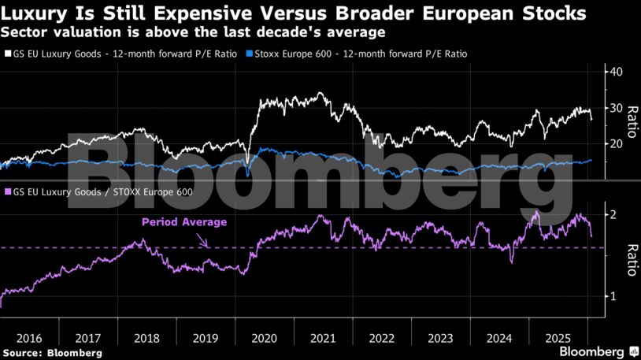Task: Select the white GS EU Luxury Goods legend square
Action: [x=7, y=54]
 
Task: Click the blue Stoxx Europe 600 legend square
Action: [x=250, y=54]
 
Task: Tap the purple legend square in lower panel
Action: [x=7, y=191]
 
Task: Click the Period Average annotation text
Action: [x=183, y=222]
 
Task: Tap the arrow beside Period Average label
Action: [x=202, y=238]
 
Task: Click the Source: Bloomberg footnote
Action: [x=52, y=353]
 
